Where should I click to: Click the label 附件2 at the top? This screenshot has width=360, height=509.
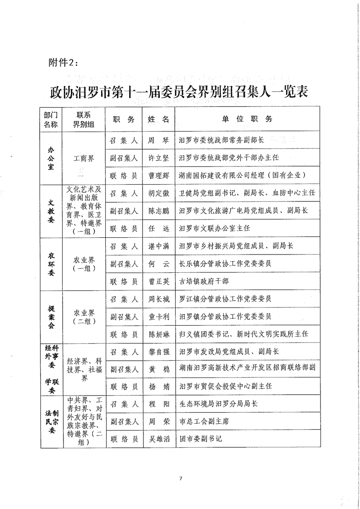pyautogui.click(x=63, y=62)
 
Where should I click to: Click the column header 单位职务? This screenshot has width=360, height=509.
pyautogui.click(x=247, y=119)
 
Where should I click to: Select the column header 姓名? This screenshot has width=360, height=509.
pyautogui.click(x=158, y=119)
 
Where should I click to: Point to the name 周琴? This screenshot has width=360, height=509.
pyautogui.click(x=158, y=141)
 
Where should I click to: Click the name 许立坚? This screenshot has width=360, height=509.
pyautogui.click(x=158, y=158)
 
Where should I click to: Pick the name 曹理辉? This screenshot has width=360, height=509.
pyautogui.click(x=158, y=175)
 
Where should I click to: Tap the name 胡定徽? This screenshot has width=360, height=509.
pyautogui.click(x=158, y=193)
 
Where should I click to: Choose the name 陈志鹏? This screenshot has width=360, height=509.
pyautogui.click(x=158, y=211)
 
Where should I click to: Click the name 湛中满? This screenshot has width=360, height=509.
pyautogui.click(x=158, y=246)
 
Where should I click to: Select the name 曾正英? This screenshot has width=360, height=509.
pyautogui.click(x=158, y=281)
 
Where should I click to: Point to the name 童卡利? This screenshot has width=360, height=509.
pyautogui.click(x=158, y=317)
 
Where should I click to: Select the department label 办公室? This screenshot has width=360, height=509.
pyautogui.click(x=51, y=158)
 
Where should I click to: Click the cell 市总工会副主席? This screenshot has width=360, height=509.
pyautogui.click(x=204, y=421)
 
